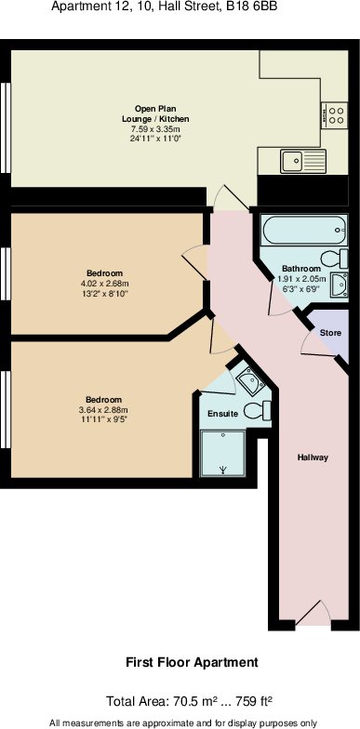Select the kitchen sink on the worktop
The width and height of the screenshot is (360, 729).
(x=296, y=159)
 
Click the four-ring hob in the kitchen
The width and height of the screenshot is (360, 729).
(x=334, y=114)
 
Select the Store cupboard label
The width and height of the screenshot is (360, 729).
(x=330, y=333)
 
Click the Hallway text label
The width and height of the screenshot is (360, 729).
(x=313, y=457)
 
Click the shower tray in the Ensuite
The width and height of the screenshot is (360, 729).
(x=224, y=453)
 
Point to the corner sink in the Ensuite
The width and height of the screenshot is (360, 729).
(x=247, y=378)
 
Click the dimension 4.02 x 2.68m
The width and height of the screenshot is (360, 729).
(x=104, y=284)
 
